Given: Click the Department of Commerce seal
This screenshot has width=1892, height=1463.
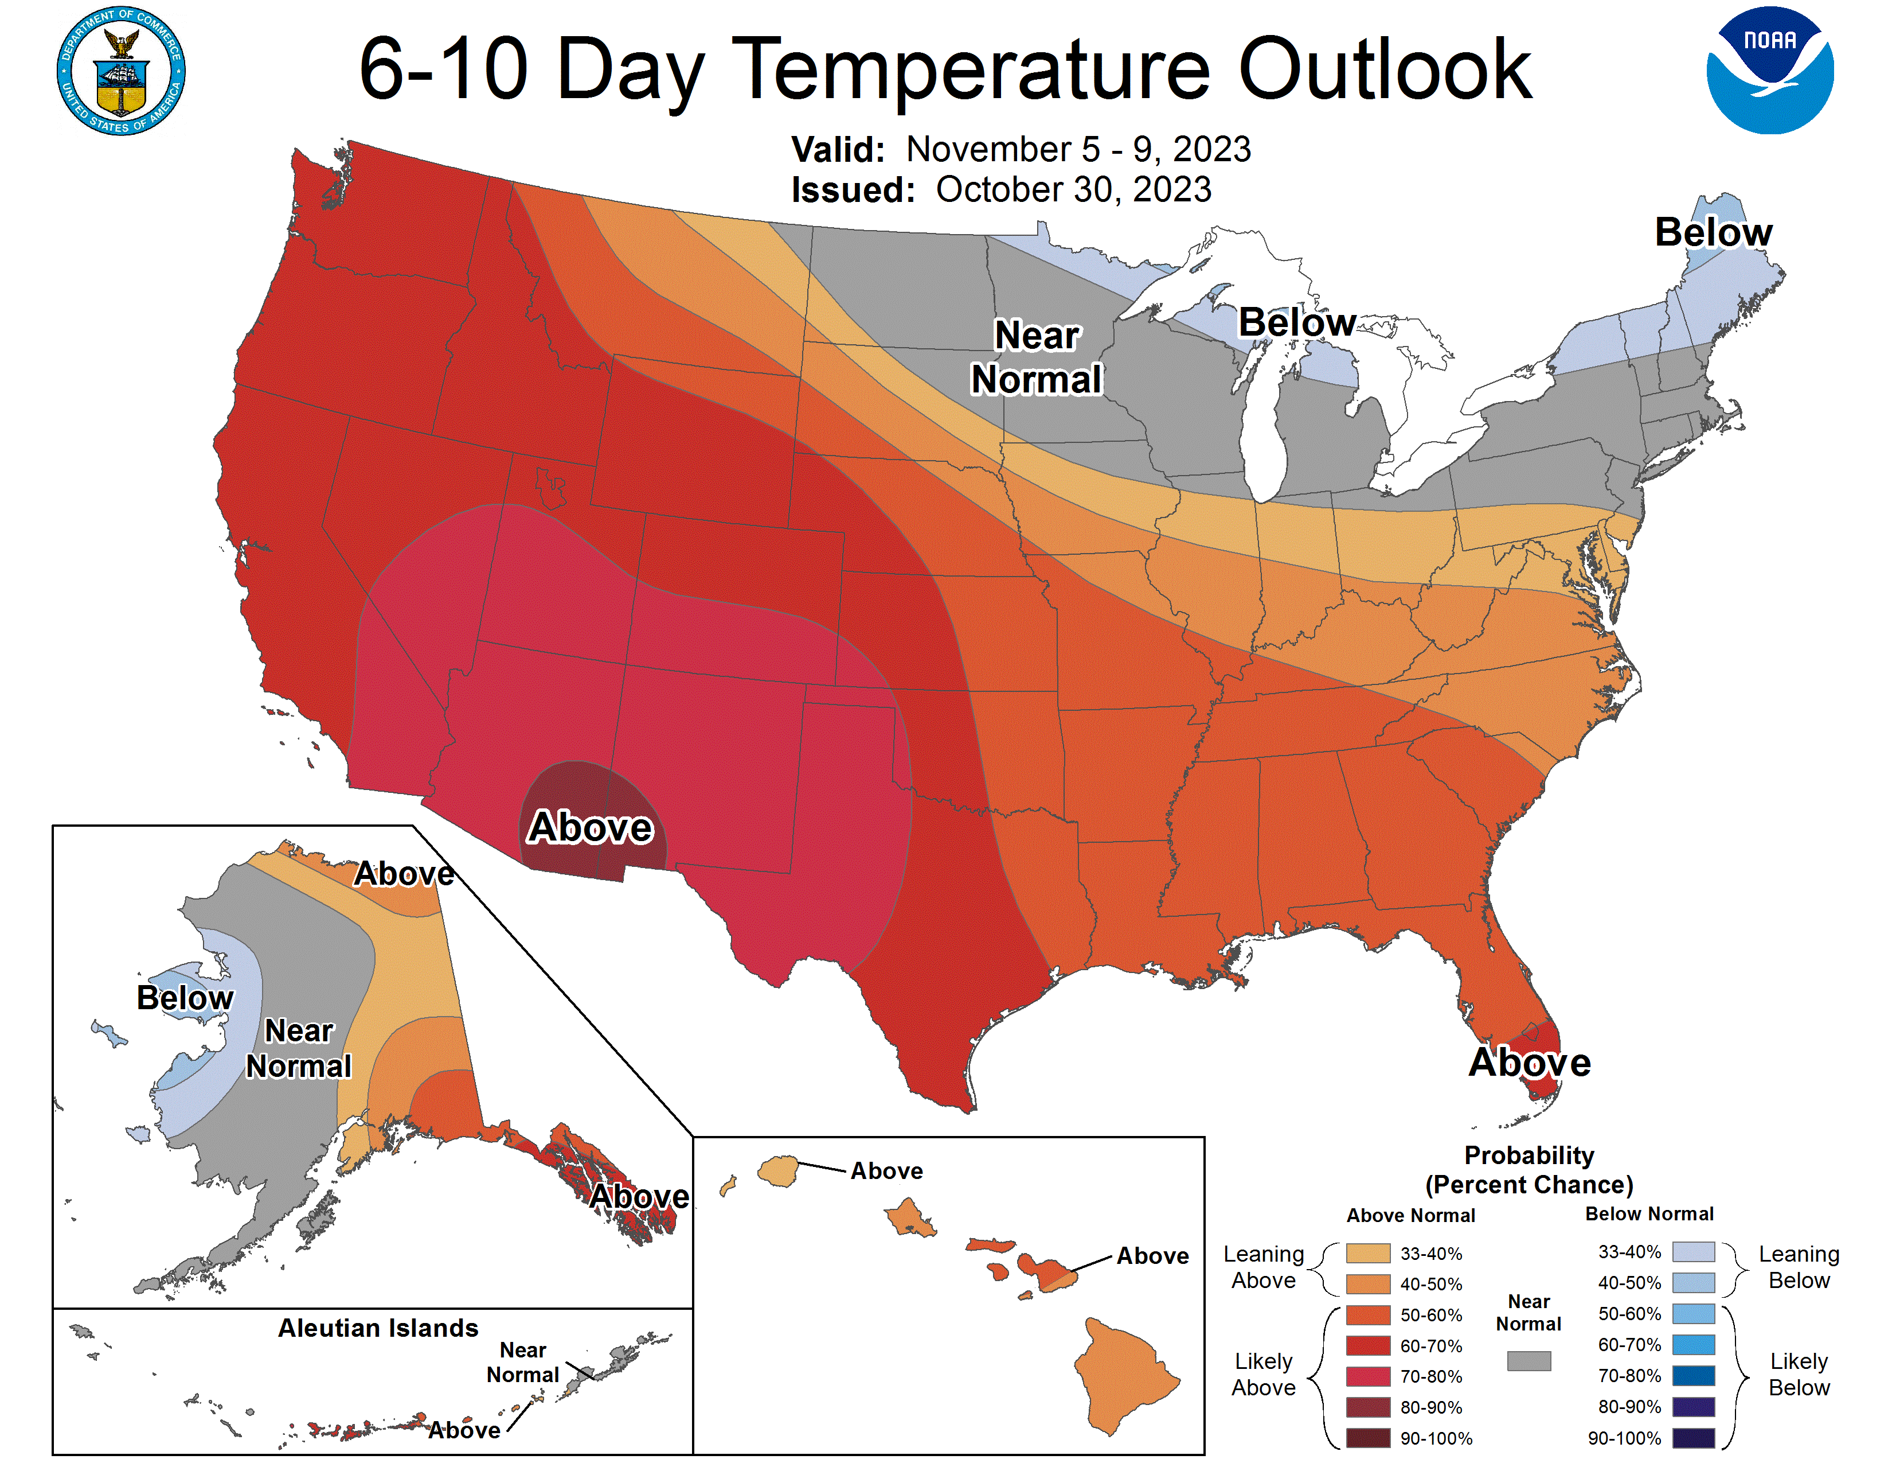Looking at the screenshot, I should [122, 71].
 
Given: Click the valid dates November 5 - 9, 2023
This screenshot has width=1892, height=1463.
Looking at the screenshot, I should [1078, 149].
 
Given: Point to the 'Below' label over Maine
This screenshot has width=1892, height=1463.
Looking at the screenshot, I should [1713, 232].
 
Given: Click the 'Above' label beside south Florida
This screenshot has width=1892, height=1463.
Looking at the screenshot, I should [1529, 1063].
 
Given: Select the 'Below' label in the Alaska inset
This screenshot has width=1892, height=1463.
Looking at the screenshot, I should [185, 998].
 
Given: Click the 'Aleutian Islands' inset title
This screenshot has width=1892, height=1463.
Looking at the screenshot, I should [378, 1328].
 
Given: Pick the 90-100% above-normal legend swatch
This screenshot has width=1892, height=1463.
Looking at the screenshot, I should [1368, 1438].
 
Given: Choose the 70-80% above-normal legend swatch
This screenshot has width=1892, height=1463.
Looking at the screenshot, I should [1368, 1376].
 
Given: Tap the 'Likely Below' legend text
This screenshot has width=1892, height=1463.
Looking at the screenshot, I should [1799, 1375].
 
